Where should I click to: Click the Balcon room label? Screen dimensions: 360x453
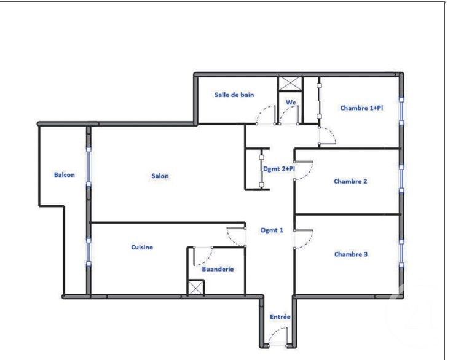click(65, 175)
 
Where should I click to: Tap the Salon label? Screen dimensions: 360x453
click(160, 176)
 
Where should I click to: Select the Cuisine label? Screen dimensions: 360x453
click(142, 248)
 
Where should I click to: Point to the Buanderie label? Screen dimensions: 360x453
click(218, 269)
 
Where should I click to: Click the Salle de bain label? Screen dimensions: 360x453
click(234, 95)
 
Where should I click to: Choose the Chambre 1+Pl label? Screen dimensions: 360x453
click(362, 108)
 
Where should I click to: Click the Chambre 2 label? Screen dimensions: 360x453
click(350, 181)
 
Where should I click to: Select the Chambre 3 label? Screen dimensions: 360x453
click(351, 254)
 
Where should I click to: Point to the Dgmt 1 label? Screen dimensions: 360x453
click(272, 231)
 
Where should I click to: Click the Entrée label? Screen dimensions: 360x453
click(280, 317)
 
